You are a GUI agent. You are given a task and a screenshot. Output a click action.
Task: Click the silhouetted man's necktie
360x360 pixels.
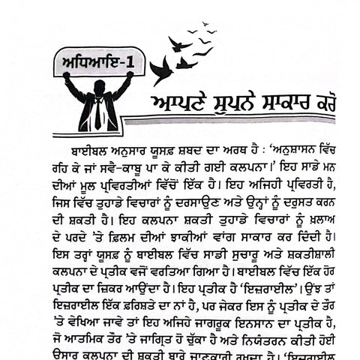[x=97, y=112]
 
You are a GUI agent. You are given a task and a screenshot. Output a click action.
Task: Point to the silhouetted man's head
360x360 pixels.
[x=98, y=85]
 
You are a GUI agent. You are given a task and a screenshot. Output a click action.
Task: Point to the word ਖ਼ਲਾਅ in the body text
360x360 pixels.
[x=315, y=217]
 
